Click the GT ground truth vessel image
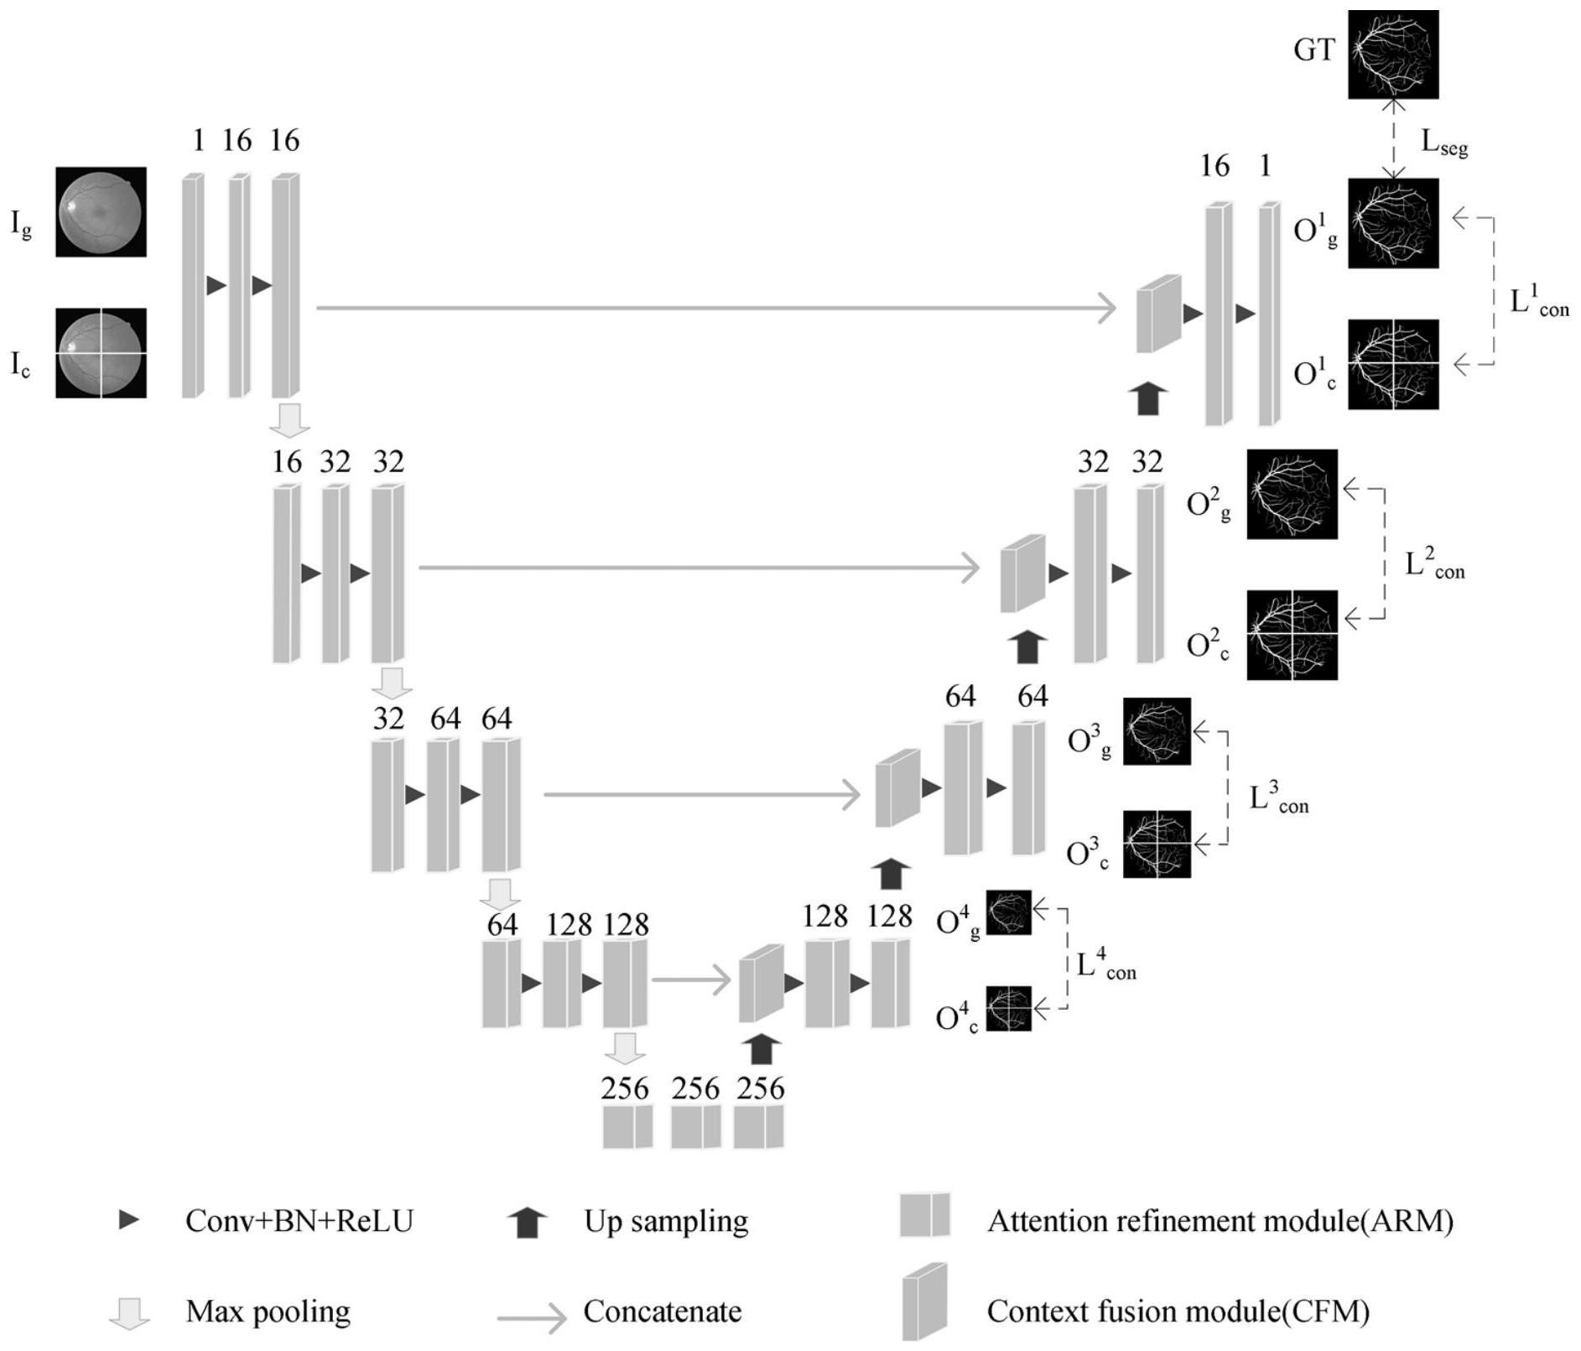(x=1392, y=54)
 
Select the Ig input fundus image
(x=101, y=211)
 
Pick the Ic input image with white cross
(x=101, y=352)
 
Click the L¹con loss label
(x=1538, y=302)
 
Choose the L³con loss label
(x=1278, y=798)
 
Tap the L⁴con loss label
(x=1105, y=965)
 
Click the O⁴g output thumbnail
(x=1008, y=912)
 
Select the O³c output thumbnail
(x=1157, y=844)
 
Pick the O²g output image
(x=1292, y=494)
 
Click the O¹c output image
(x=1392, y=364)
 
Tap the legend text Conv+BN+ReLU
(x=299, y=1221)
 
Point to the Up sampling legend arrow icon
(x=528, y=1223)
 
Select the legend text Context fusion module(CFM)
(x=1178, y=1312)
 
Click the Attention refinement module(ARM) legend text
(x=1220, y=1221)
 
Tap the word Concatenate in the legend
(x=663, y=1312)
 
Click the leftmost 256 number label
(x=625, y=1089)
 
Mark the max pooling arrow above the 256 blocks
(x=625, y=1048)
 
